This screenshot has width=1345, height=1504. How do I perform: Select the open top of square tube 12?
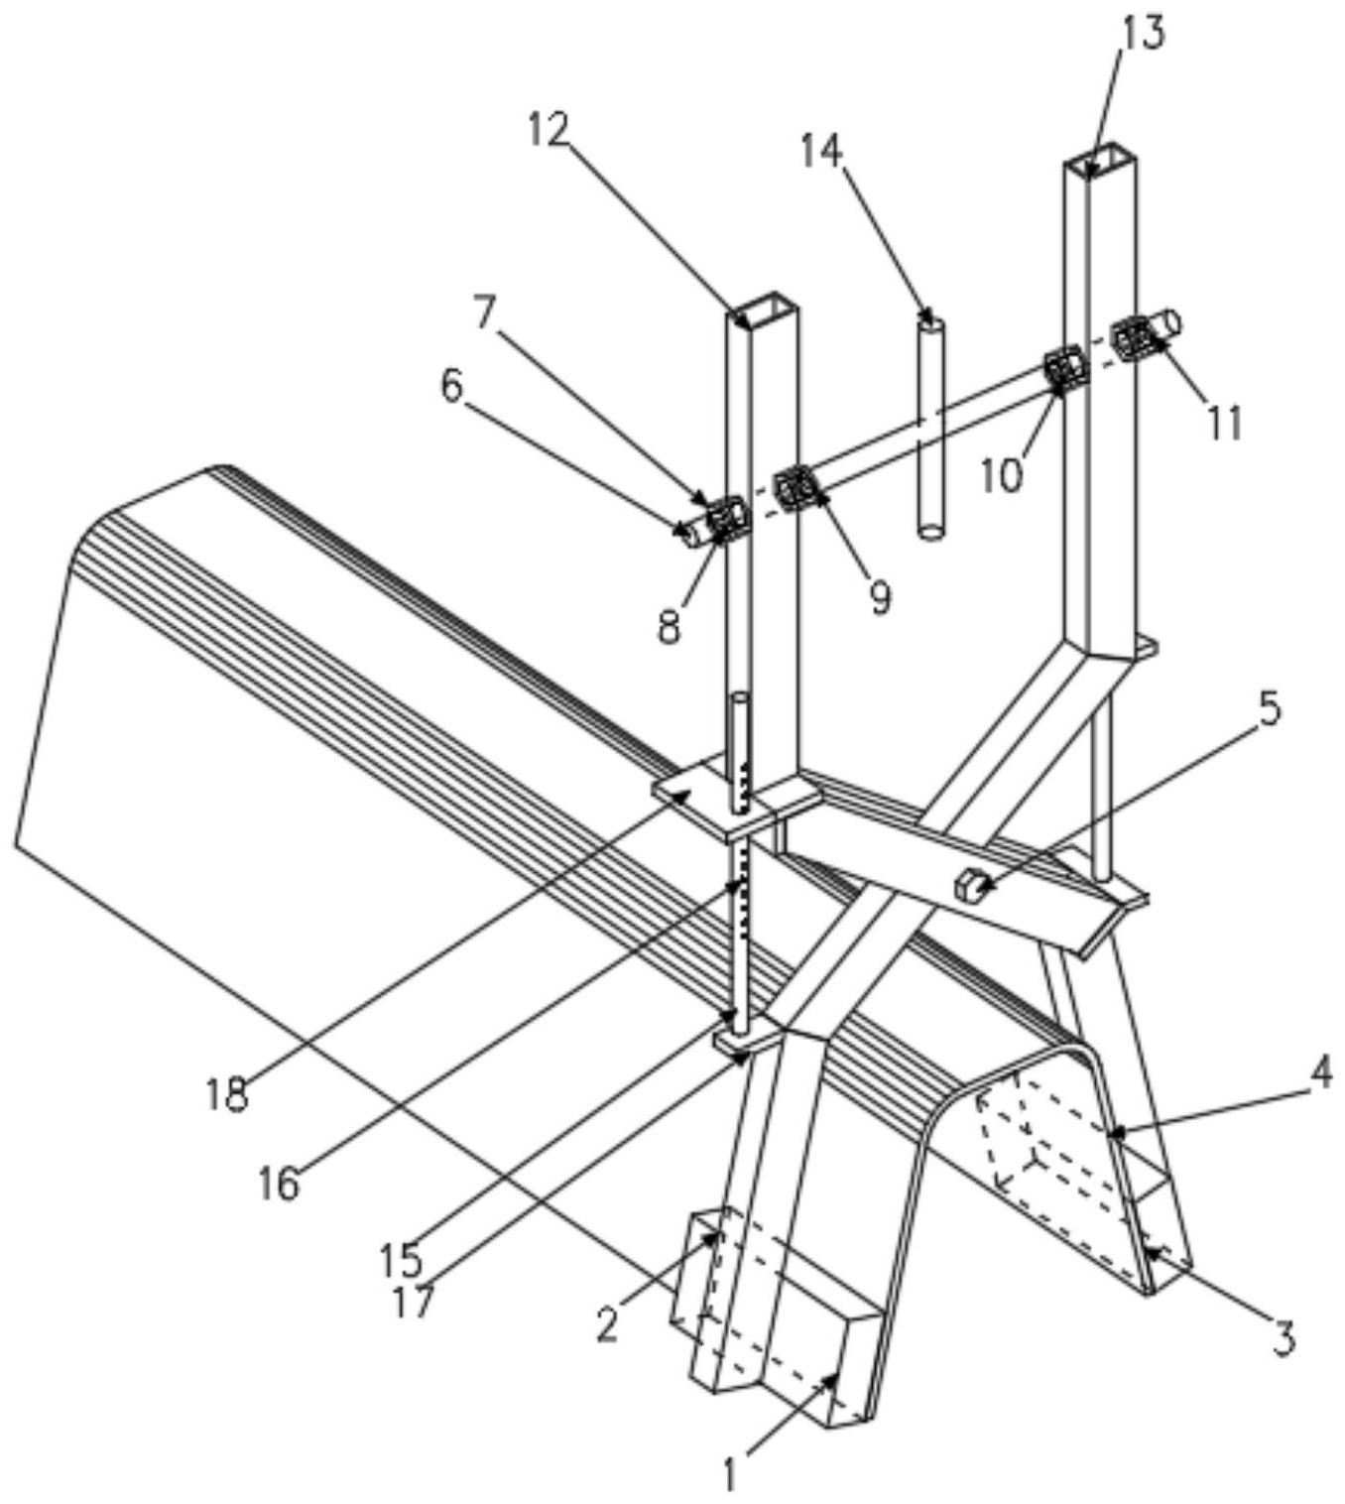pos(764,309)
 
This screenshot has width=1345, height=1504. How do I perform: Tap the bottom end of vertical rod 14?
pos(931,532)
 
